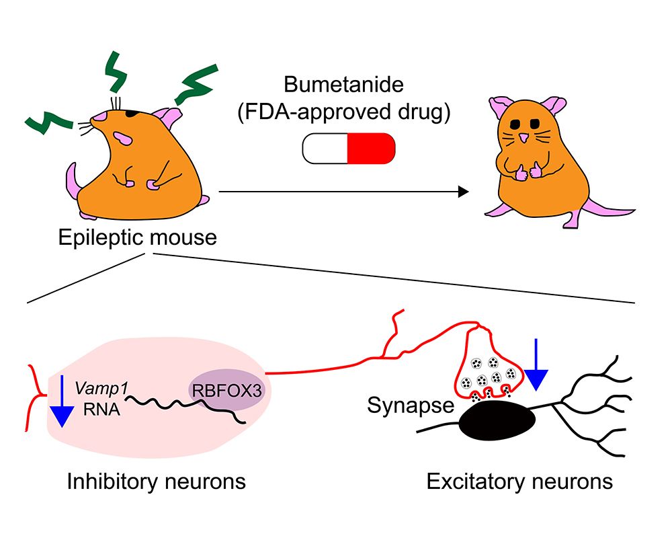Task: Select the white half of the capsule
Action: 325,148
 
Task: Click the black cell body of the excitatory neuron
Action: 497,424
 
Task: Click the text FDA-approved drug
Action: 343,113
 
